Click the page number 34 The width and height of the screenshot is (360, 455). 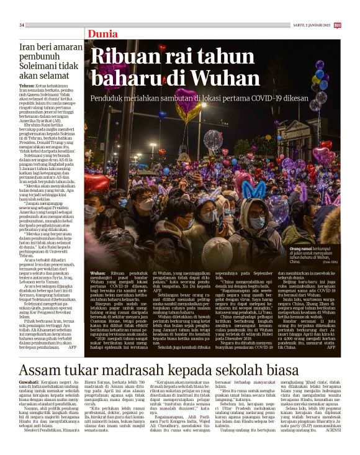tap(22, 25)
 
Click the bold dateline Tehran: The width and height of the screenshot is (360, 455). tap(27, 85)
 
